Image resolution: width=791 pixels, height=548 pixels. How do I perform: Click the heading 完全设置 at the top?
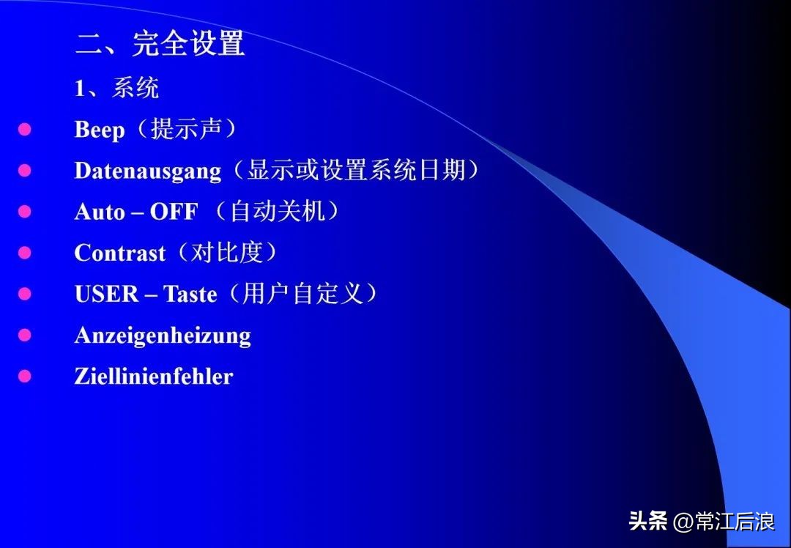[188, 44]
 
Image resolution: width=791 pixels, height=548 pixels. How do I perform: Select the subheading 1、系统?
[116, 89]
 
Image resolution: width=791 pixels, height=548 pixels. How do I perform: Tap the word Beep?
[100, 130]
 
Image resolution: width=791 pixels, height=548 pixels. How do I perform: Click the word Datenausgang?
[147, 171]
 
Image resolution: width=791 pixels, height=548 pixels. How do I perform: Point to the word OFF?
[174, 212]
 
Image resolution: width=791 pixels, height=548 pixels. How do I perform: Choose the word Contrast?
[120, 253]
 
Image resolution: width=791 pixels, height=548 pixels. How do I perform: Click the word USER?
[106, 295]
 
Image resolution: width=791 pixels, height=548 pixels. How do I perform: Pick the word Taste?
[190, 295]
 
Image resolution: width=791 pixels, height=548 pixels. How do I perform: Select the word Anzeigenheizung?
[163, 336]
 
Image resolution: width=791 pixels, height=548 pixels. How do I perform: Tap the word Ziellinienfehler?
[154, 377]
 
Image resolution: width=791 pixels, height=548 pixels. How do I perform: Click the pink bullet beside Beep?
[25, 130]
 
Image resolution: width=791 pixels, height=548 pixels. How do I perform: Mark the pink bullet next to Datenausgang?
[25, 171]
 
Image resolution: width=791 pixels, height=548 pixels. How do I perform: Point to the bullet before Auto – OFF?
[25, 212]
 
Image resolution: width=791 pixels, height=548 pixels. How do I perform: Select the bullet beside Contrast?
[25, 253]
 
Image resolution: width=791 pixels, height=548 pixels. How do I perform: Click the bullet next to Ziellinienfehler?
[25, 376]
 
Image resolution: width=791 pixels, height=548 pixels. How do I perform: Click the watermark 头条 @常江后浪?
[701, 522]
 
